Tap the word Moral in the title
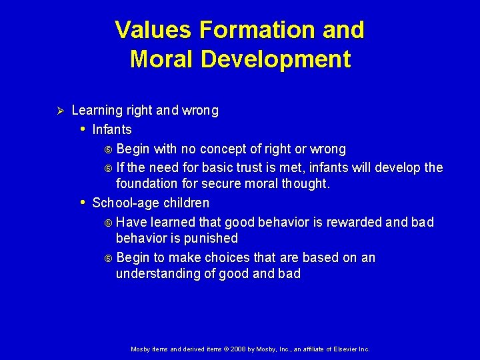[162, 59]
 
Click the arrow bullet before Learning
[58, 110]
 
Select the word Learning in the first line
[97, 110]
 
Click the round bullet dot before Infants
[82, 129]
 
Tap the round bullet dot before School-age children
[82, 202]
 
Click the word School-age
[122, 203]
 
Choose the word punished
[212, 238]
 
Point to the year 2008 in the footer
[239, 349]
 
